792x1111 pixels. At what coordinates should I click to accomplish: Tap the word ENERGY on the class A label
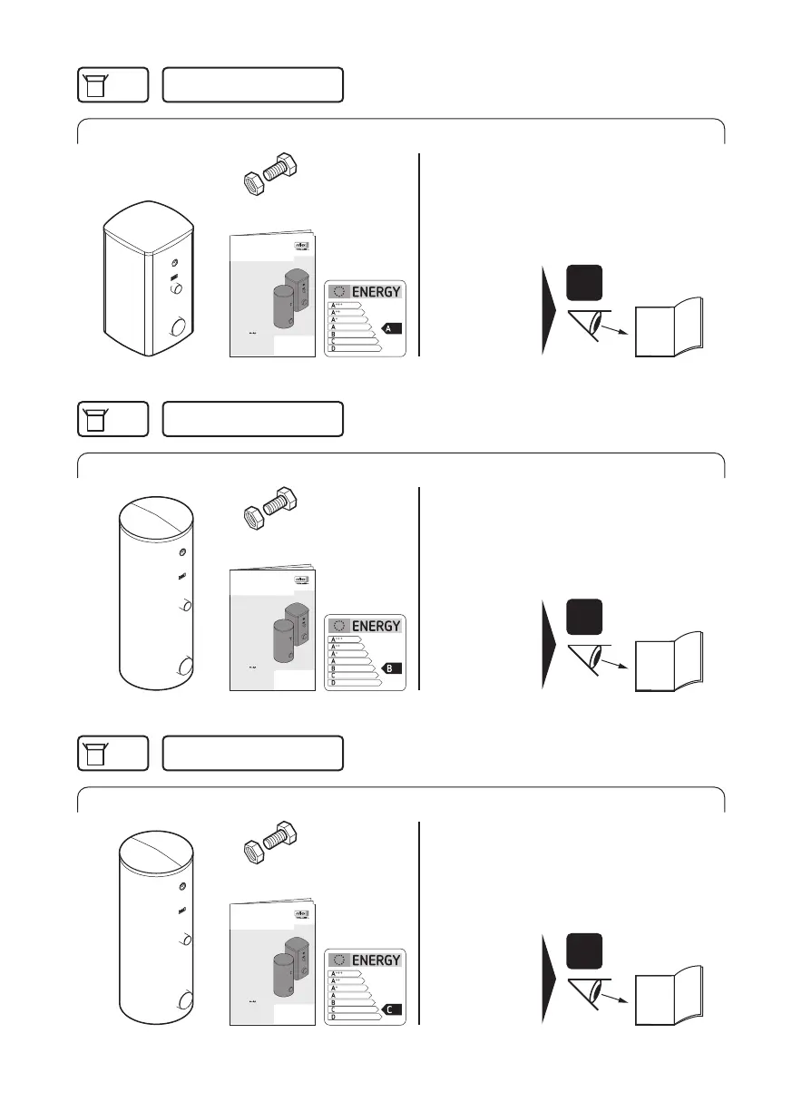tap(376, 292)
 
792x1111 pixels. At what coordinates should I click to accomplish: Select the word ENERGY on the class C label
tap(376, 960)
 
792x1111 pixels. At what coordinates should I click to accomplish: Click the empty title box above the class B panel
tap(252, 419)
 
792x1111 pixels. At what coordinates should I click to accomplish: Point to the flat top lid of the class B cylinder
tap(157, 516)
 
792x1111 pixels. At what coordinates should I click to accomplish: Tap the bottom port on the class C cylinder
tap(185, 1002)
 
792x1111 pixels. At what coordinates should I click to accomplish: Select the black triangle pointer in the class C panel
tap(550, 979)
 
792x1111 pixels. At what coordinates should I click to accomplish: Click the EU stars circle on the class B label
tap(341, 626)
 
